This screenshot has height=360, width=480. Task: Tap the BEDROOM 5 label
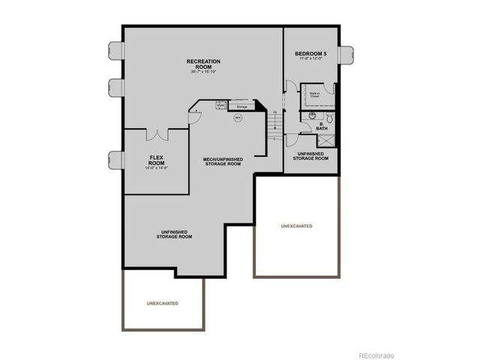[x=310, y=55]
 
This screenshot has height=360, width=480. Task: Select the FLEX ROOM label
[x=156, y=160]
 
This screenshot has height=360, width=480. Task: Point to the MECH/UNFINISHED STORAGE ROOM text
[x=222, y=161]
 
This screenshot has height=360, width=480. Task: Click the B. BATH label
[x=320, y=127]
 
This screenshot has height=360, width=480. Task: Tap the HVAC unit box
[x=221, y=106]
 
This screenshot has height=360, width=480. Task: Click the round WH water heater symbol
[x=238, y=118]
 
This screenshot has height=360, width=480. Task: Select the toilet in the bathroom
[x=329, y=117]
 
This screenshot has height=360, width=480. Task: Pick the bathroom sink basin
[x=312, y=116]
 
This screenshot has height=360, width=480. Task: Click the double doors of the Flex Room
[x=157, y=135]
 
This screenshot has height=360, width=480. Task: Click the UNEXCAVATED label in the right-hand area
[x=296, y=226]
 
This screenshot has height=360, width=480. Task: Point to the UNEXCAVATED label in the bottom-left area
[x=162, y=303]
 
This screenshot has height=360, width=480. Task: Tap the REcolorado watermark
[x=381, y=355]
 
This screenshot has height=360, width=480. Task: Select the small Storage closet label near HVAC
[x=241, y=107]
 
